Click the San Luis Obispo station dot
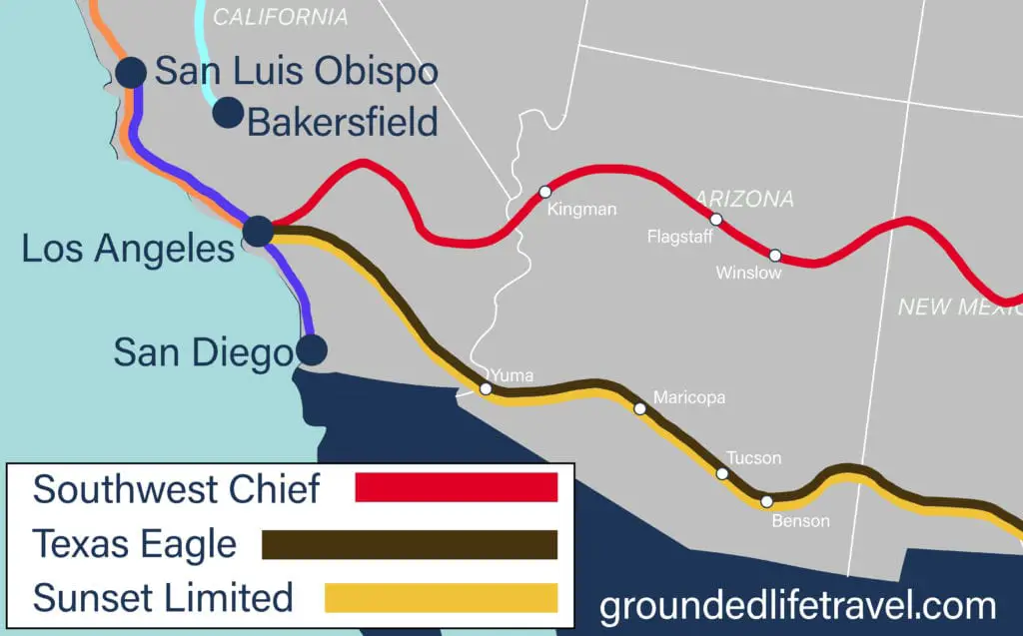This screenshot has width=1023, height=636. point(131,72)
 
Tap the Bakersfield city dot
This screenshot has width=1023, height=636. point(228,113)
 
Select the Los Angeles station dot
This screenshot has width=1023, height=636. point(258,231)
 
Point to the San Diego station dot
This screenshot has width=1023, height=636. point(313,349)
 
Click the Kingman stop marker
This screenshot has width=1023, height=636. point(544,191)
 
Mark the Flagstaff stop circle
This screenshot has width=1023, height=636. point(715,219)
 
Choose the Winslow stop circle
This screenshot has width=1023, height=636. point(774,255)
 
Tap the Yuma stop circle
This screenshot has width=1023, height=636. point(486,388)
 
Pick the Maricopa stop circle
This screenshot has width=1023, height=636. point(639,407)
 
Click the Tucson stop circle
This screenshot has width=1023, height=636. point(722,473)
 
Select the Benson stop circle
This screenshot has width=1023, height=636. point(766,501)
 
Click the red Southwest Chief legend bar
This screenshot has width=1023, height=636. point(456,487)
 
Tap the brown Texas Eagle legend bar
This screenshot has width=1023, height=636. point(409,544)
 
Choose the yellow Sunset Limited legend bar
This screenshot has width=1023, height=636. point(441,597)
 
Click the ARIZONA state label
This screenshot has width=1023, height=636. point(744,199)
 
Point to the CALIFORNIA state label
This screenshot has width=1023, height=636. point(281,17)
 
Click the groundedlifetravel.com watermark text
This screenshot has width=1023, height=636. point(797,606)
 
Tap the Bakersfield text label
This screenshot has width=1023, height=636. point(343,122)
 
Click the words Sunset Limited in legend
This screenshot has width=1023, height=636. point(163,598)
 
